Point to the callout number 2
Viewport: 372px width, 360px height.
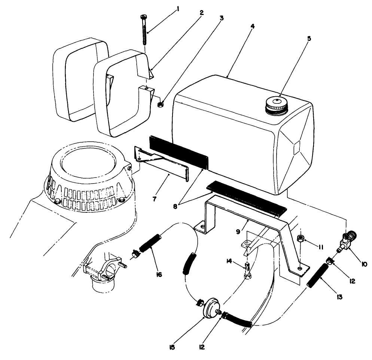(202, 12)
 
